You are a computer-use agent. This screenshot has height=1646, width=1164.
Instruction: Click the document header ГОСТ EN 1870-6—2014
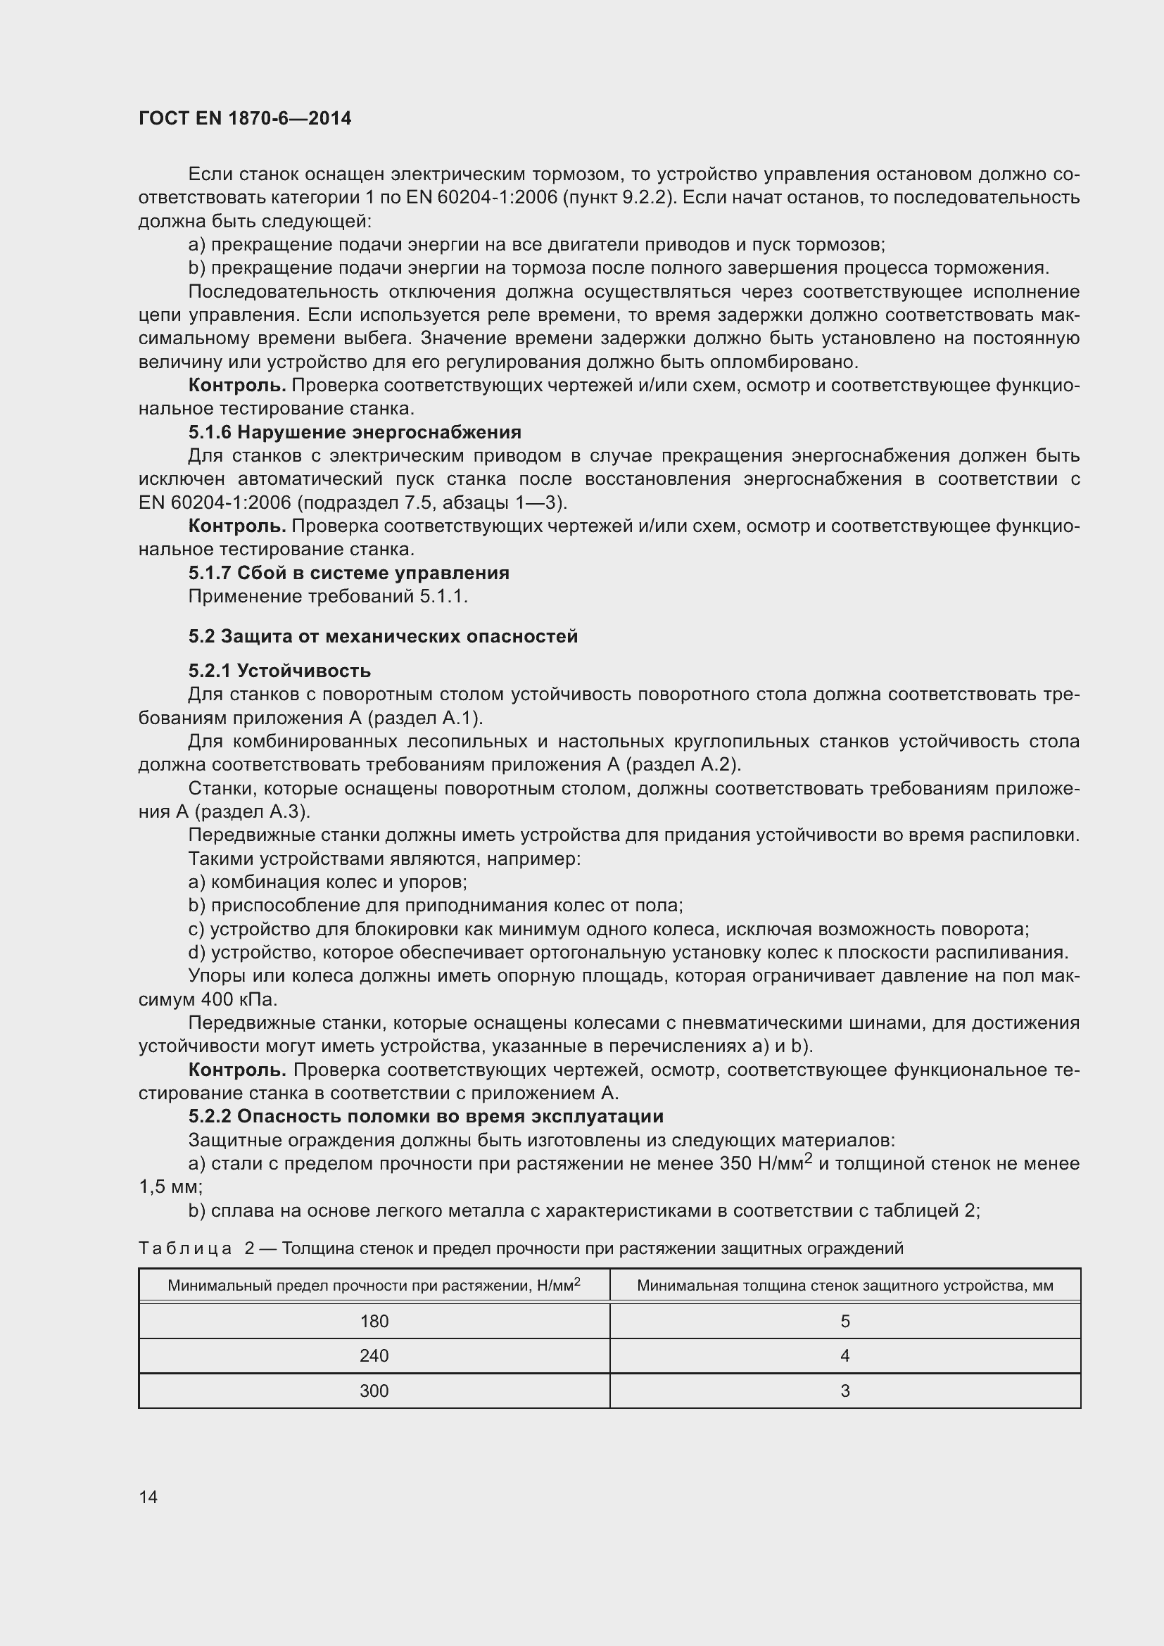(244, 119)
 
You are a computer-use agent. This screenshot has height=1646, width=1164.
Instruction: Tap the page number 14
(148, 1497)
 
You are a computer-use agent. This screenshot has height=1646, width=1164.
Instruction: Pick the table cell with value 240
(374, 1355)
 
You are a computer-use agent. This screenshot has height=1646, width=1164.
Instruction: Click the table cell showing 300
(374, 1391)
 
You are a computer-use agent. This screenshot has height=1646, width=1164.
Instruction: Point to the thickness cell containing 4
(845, 1355)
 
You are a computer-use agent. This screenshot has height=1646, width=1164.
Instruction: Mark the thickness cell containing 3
(845, 1391)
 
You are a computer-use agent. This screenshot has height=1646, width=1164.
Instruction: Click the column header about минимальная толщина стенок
(845, 1286)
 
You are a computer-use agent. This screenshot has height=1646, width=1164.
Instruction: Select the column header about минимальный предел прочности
(374, 1286)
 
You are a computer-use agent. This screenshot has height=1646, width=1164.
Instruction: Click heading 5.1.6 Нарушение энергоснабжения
(355, 432)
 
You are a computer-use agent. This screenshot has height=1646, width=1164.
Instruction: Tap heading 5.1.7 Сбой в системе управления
(349, 573)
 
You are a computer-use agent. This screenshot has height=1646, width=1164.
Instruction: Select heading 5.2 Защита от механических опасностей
(383, 637)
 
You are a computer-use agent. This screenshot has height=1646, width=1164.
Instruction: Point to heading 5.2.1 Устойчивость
(279, 671)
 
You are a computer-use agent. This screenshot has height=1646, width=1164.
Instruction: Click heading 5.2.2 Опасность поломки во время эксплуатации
(426, 1116)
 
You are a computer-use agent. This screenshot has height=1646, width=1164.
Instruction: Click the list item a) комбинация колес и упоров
(327, 882)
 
